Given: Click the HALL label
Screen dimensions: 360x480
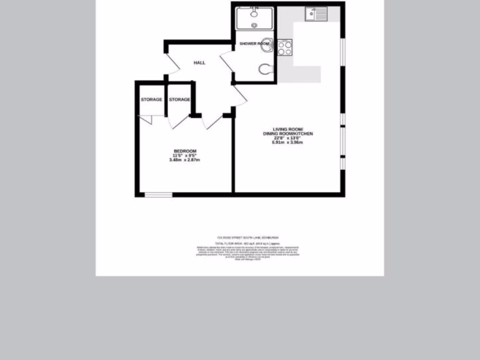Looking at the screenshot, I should [x=199, y=63].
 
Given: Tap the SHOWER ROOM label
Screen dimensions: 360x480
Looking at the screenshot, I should [x=255, y=44].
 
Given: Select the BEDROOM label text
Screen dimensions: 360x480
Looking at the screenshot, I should [x=185, y=151].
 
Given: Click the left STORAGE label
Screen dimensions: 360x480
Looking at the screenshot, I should [x=151, y=99].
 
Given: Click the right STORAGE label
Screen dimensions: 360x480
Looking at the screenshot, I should [x=180, y=99].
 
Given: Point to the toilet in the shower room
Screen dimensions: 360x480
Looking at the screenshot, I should [x=266, y=69].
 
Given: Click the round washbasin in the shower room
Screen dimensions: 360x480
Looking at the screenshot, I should [x=267, y=44].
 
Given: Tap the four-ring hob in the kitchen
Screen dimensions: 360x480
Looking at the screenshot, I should [x=285, y=48].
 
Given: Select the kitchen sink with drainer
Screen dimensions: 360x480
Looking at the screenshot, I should [x=316, y=15].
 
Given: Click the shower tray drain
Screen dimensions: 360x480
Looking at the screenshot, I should [x=255, y=26].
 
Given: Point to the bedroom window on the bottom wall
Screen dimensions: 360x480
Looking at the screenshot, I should [x=158, y=195].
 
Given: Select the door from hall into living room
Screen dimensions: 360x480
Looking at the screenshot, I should [x=239, y=95].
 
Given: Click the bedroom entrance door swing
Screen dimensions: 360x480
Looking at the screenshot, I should [x=212, y=121].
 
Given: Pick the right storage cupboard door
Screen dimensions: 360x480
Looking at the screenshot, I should [x=178, y=121].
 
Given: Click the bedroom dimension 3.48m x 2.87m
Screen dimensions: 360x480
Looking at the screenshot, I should [x=185, y=160].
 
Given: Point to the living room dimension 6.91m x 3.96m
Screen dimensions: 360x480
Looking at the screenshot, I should [x=288, y=142].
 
